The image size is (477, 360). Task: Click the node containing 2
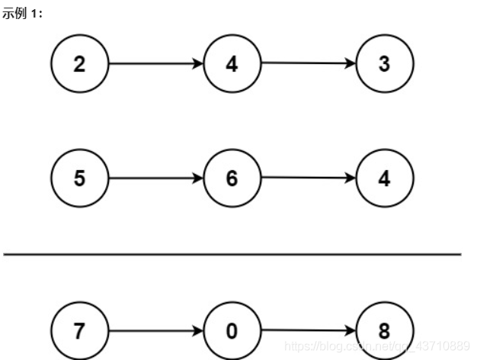click(80, 64)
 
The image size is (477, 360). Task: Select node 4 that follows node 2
click(232, 64)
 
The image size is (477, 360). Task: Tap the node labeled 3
click(384, 64)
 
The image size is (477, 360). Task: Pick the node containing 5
click(80, 178)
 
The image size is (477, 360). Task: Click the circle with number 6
click(232, 178)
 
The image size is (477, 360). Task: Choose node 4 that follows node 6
click(384, 178)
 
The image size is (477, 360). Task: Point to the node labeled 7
click(80, 331)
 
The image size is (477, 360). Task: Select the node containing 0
click(232, 331)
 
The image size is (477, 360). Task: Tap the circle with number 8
click(384, 331)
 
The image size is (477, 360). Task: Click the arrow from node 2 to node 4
click(156, 64)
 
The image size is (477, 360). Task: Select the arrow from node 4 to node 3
click(308, 64)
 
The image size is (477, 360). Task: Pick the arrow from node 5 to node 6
click(156, 178)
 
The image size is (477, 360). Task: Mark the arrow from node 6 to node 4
click(308, 178)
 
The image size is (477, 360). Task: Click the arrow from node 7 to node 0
click(156, 331)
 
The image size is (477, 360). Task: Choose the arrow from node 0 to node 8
click(308, 331)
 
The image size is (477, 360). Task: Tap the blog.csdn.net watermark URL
click(377, 346)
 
